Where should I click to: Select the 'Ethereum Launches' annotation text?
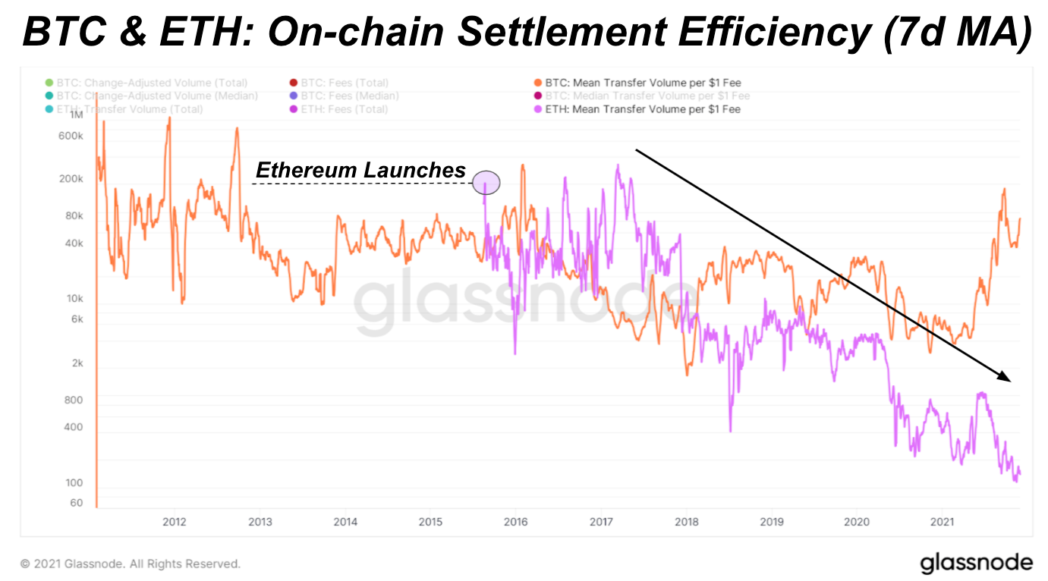click(x=360, y=170)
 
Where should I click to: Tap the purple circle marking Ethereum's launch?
click(x=486, y=183)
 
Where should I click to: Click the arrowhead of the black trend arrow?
click(x=1005, y=377)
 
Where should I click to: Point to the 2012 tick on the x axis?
click(x=175, y=522)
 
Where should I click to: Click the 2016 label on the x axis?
click(x=516, y=522)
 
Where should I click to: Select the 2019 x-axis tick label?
click(x=772, y=522)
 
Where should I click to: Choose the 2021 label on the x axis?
click(x=943, y=522)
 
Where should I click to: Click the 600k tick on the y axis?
click(x=71, y=136)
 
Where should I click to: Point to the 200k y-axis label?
click(x=71, y=179)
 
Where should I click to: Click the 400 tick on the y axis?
click(x=73, y=427)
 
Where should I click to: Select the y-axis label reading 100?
click(x=74, y=483)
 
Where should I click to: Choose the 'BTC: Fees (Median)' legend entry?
click(x=350, y=96)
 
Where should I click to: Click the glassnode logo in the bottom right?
click(x=977, y=564)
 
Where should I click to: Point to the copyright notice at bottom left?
click(x=130, y=564)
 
